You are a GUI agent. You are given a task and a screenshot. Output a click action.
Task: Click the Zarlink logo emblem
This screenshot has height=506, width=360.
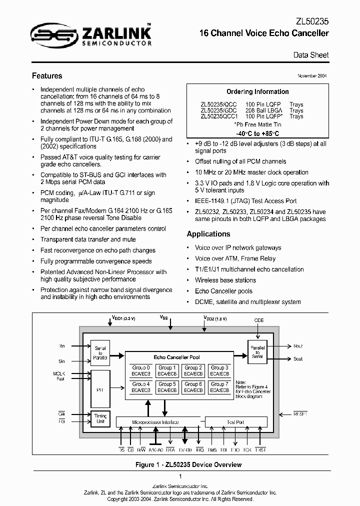point(53,34)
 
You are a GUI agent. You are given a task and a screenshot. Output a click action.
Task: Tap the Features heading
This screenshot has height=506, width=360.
point(47,76)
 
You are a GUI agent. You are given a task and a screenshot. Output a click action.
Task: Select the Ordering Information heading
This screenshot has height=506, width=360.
point(257,91)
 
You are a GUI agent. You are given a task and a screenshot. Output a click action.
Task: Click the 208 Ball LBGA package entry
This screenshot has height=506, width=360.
point(264,110)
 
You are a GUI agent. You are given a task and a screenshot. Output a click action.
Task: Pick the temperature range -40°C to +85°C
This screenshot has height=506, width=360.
point(257,134)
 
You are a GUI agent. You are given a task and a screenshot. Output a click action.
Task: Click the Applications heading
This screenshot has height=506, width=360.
point(208,234)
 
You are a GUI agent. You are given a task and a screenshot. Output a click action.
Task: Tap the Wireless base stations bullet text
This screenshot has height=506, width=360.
point(225,280)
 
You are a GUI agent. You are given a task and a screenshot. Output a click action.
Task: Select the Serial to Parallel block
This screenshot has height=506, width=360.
point(100,352)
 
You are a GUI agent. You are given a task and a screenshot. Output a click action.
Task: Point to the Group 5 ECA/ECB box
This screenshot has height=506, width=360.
point(167,387)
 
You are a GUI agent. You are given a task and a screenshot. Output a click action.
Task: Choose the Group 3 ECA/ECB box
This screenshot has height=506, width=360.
point(219,370)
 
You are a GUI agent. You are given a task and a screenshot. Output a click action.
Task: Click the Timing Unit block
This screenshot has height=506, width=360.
point(100,419)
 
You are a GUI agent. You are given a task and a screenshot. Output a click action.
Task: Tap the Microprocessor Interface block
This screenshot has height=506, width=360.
point(155,422)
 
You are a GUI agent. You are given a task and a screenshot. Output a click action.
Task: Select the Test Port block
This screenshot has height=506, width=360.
point(235,422)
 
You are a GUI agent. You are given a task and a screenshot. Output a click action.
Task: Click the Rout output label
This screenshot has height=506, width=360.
point(298,346)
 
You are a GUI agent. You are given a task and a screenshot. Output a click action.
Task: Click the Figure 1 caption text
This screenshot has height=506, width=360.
point(188,464)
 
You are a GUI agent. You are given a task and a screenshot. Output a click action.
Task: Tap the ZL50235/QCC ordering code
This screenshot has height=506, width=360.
point(218,104)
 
